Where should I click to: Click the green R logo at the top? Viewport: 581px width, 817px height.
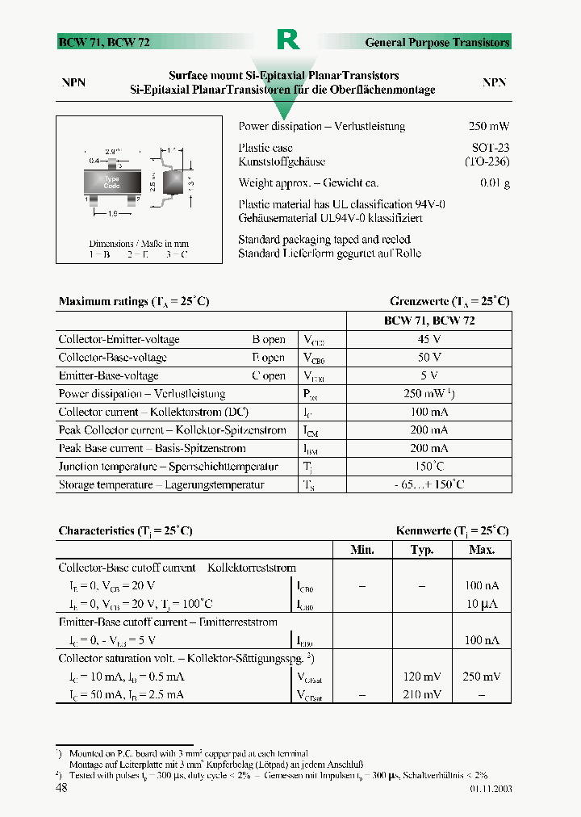[x=288, y=40]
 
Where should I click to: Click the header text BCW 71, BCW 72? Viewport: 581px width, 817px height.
[x=103, y=43]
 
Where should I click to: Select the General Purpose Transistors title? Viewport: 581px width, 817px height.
[x=437, y=43]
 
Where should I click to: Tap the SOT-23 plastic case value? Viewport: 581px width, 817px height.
[x=490, y=149]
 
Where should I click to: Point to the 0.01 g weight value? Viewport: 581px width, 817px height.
[x=495, y=183]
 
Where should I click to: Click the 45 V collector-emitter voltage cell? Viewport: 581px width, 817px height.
[x=428, y=339]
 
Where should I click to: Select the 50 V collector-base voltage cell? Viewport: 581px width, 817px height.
[x=428, y=357]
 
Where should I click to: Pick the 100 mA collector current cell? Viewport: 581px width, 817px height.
[x=428, y=412]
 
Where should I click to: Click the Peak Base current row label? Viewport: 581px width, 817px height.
[x=152, y=448]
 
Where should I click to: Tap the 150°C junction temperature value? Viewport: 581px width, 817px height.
[x=428, y=467]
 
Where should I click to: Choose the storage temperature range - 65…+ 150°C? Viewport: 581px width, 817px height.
[x=428, y=484]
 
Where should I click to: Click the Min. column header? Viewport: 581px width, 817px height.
[x=362, y=550]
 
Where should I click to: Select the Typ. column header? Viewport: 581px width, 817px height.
[x=422, y=550]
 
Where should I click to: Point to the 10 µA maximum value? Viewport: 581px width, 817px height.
[x=483, y=604]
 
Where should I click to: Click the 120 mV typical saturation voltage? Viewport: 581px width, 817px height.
[x=422, y=677]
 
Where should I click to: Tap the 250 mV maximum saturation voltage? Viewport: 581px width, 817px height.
[x=483, y=677]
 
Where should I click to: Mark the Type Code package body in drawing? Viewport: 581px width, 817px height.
[x=111, y=182]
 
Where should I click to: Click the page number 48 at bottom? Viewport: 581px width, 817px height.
[x=61, y=788]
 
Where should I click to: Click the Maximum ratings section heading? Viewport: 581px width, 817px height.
[x=134, y=302]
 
